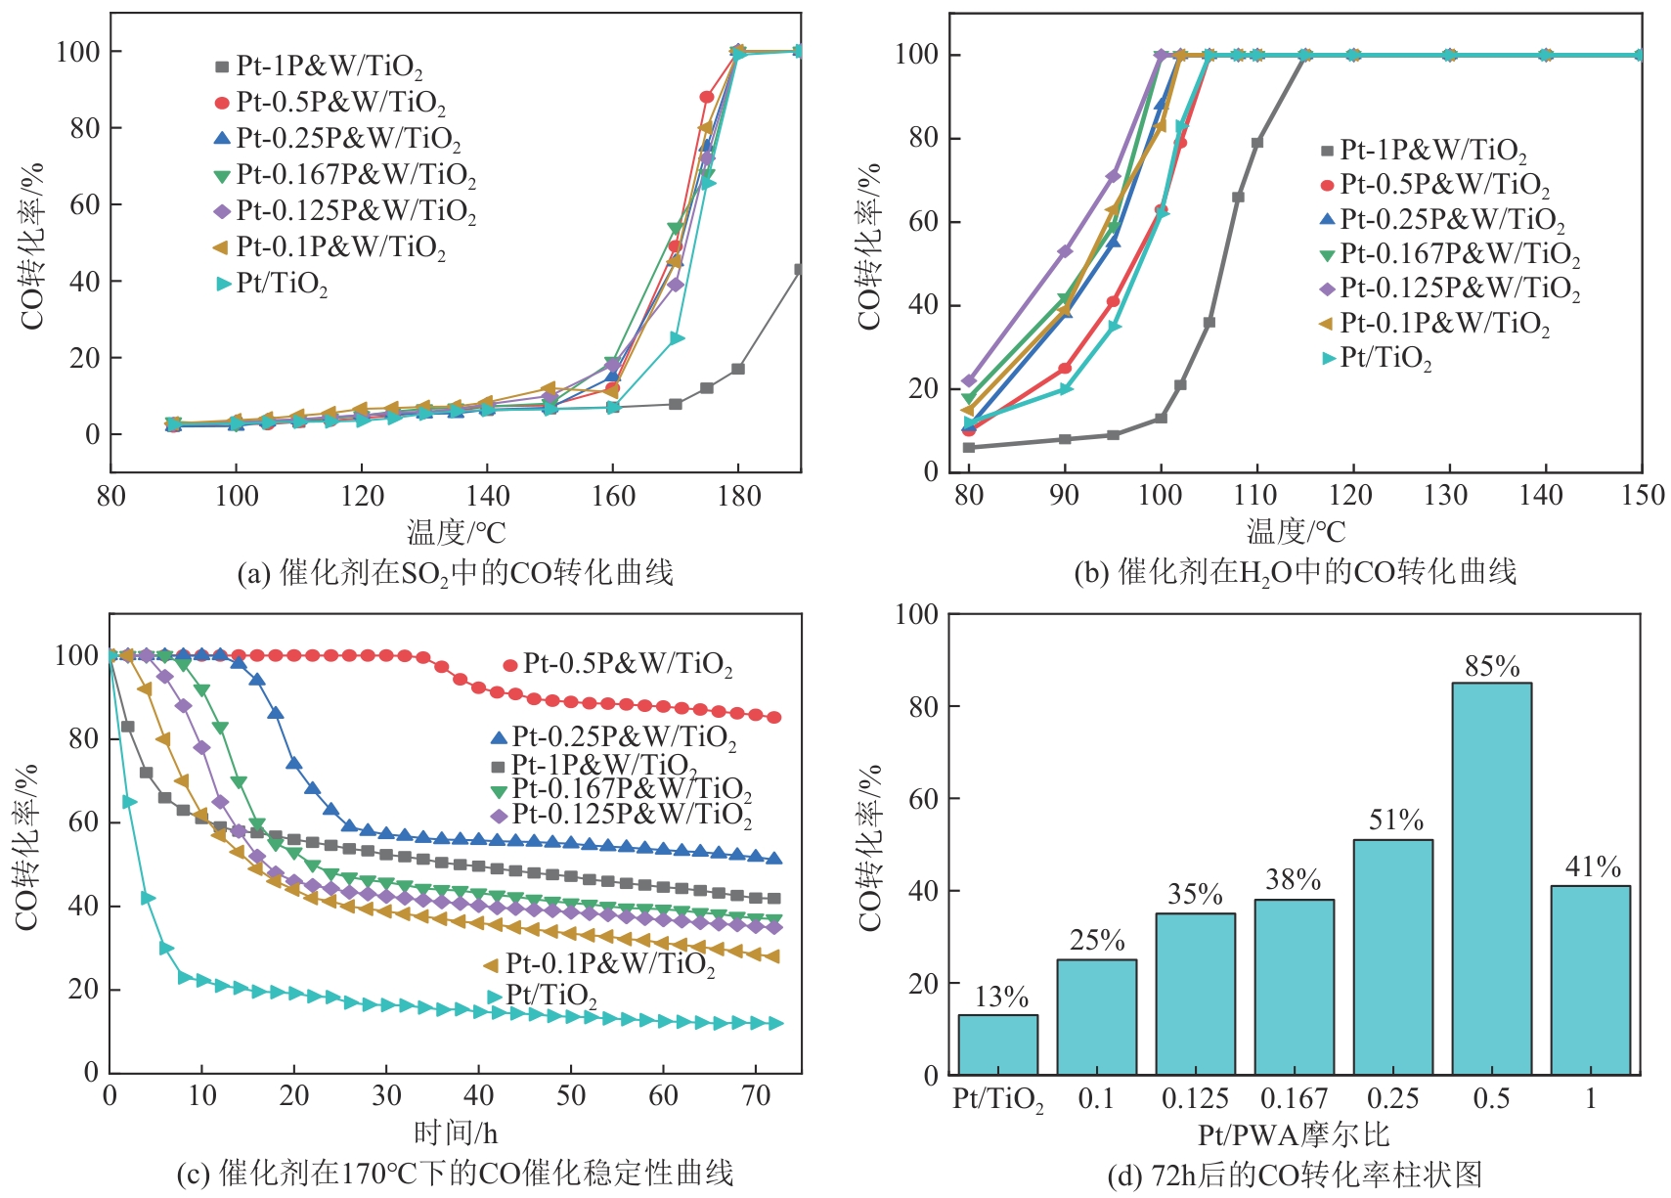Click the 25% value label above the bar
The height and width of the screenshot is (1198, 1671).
tap(1096, 941)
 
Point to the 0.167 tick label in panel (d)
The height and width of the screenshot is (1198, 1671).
tap(1294, 1099)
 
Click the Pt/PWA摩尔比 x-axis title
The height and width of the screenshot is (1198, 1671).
tap(1294, 1135)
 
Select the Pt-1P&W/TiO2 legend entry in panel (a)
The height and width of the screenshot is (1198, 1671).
tap(320, 67)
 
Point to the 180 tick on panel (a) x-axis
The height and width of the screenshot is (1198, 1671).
tap(738, 497)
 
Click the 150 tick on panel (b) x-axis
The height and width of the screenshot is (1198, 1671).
tap(1642, 495)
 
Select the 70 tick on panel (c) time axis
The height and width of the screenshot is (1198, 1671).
tap(756, 1096)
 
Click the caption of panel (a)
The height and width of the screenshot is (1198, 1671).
tap(455, 572)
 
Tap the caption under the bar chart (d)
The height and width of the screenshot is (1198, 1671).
tap(1294, 1174)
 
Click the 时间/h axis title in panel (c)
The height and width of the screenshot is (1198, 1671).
tap(455, 1133)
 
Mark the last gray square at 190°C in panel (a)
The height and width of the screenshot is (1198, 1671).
tap(800, 269)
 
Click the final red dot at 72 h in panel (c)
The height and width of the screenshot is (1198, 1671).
tap(774, 717)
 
